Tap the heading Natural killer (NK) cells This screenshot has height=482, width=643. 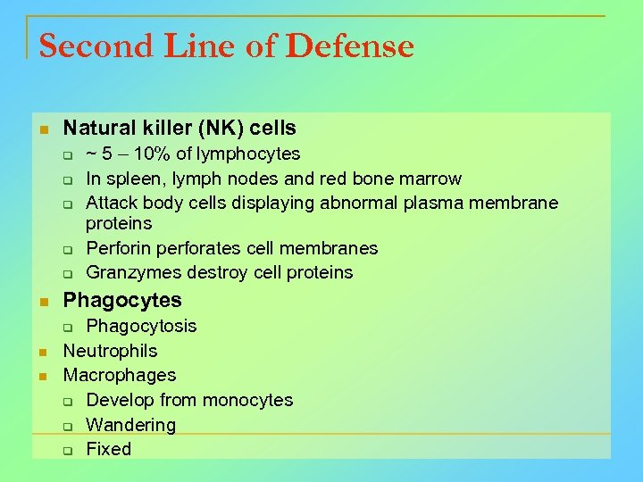click(180, 129)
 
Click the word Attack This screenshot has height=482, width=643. click(112, 203)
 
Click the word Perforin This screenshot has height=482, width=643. click(120, 248)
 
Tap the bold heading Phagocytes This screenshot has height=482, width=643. click(122, 300)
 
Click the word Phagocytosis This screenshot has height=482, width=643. click(141, 326)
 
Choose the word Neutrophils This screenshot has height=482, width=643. click(110, 351)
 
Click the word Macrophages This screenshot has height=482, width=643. click(120, 375)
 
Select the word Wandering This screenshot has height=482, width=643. click(130, 425)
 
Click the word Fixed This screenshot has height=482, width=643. click(108, 449)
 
